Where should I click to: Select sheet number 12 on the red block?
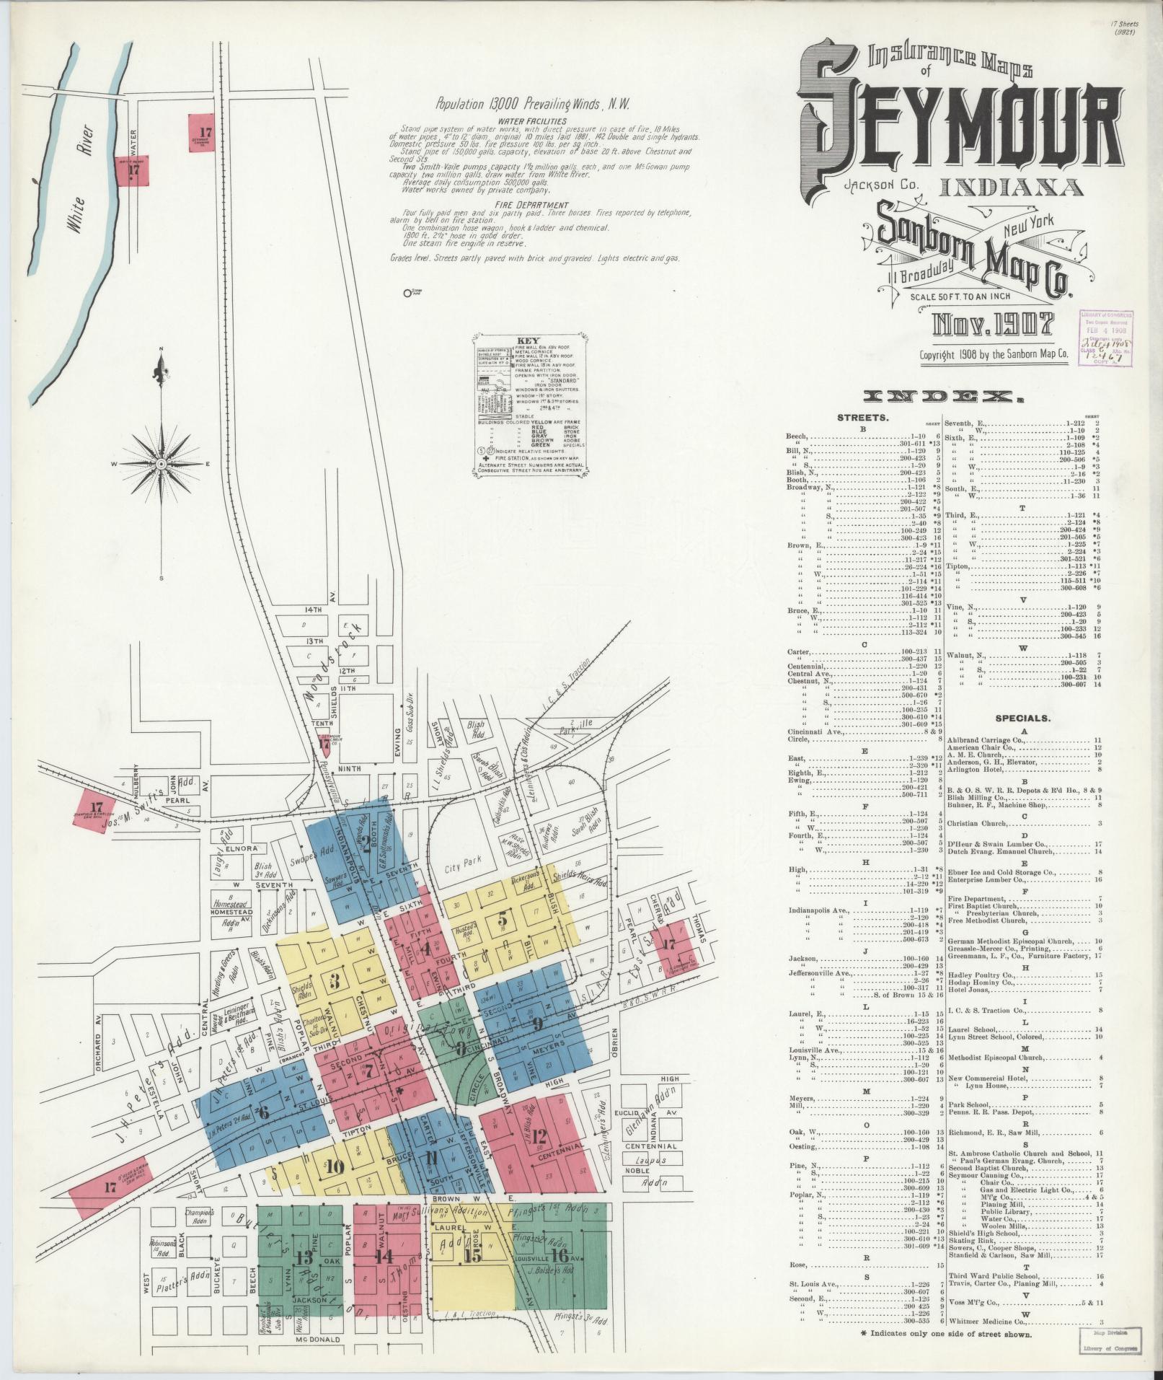click(539, 1138)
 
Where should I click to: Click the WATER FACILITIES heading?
click(532, 121)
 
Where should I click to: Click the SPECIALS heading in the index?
click(1022, 718)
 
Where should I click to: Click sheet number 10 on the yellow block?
click(333, 1167)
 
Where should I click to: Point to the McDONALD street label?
click(318, 1339)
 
